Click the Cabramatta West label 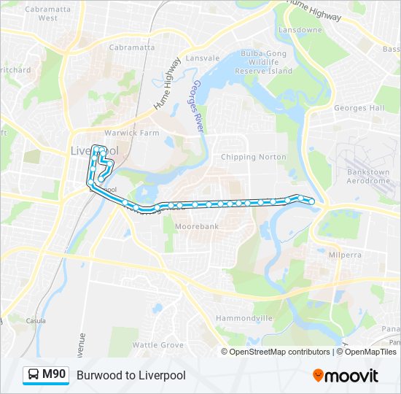(x=42, y=13)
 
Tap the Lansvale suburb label (x=202, y=58)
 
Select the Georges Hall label (x=359, y=108)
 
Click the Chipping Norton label (x=249, y=157)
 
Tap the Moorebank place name (x=197, y=227)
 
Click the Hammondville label (x=244, y=318)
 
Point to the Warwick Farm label (x=131, y=134)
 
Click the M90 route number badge (x=54, y=375)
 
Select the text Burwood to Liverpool (x=131, y=375)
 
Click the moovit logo (x=346, y=376)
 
